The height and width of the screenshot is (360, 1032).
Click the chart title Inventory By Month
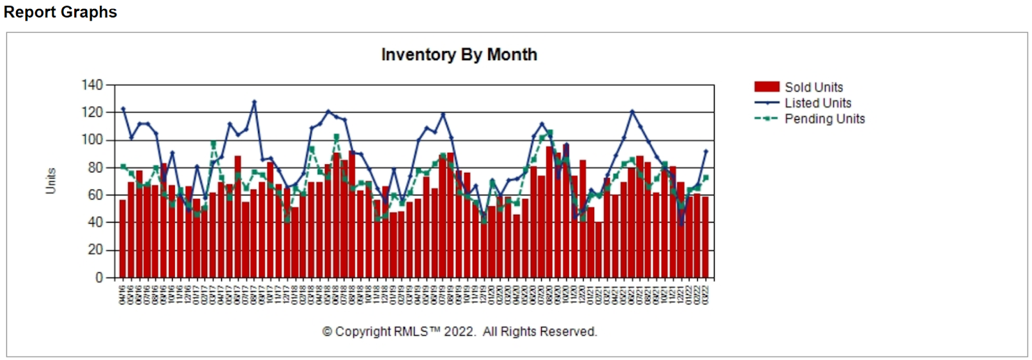click(459, 55)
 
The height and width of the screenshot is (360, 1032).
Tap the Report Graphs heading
click(60, 12)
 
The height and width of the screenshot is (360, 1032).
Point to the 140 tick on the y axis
click(92, 85)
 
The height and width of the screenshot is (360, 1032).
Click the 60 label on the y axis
click(95, 195)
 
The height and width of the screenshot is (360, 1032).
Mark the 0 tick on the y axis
click(99, 277)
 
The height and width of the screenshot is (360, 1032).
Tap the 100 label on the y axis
click(92, 140)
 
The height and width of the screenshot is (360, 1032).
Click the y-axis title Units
click(51, 181)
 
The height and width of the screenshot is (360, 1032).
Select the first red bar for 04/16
click(123, 239)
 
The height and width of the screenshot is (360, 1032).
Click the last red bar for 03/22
click(705, 237)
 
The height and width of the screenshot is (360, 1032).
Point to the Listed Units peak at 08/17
click(254, 101)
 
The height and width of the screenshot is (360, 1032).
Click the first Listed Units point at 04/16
click(123, 109)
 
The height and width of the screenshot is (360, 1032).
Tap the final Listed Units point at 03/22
click(706, 151)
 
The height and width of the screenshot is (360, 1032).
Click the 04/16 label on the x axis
click(123, 294)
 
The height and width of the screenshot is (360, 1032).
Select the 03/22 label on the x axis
click(705, 294)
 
